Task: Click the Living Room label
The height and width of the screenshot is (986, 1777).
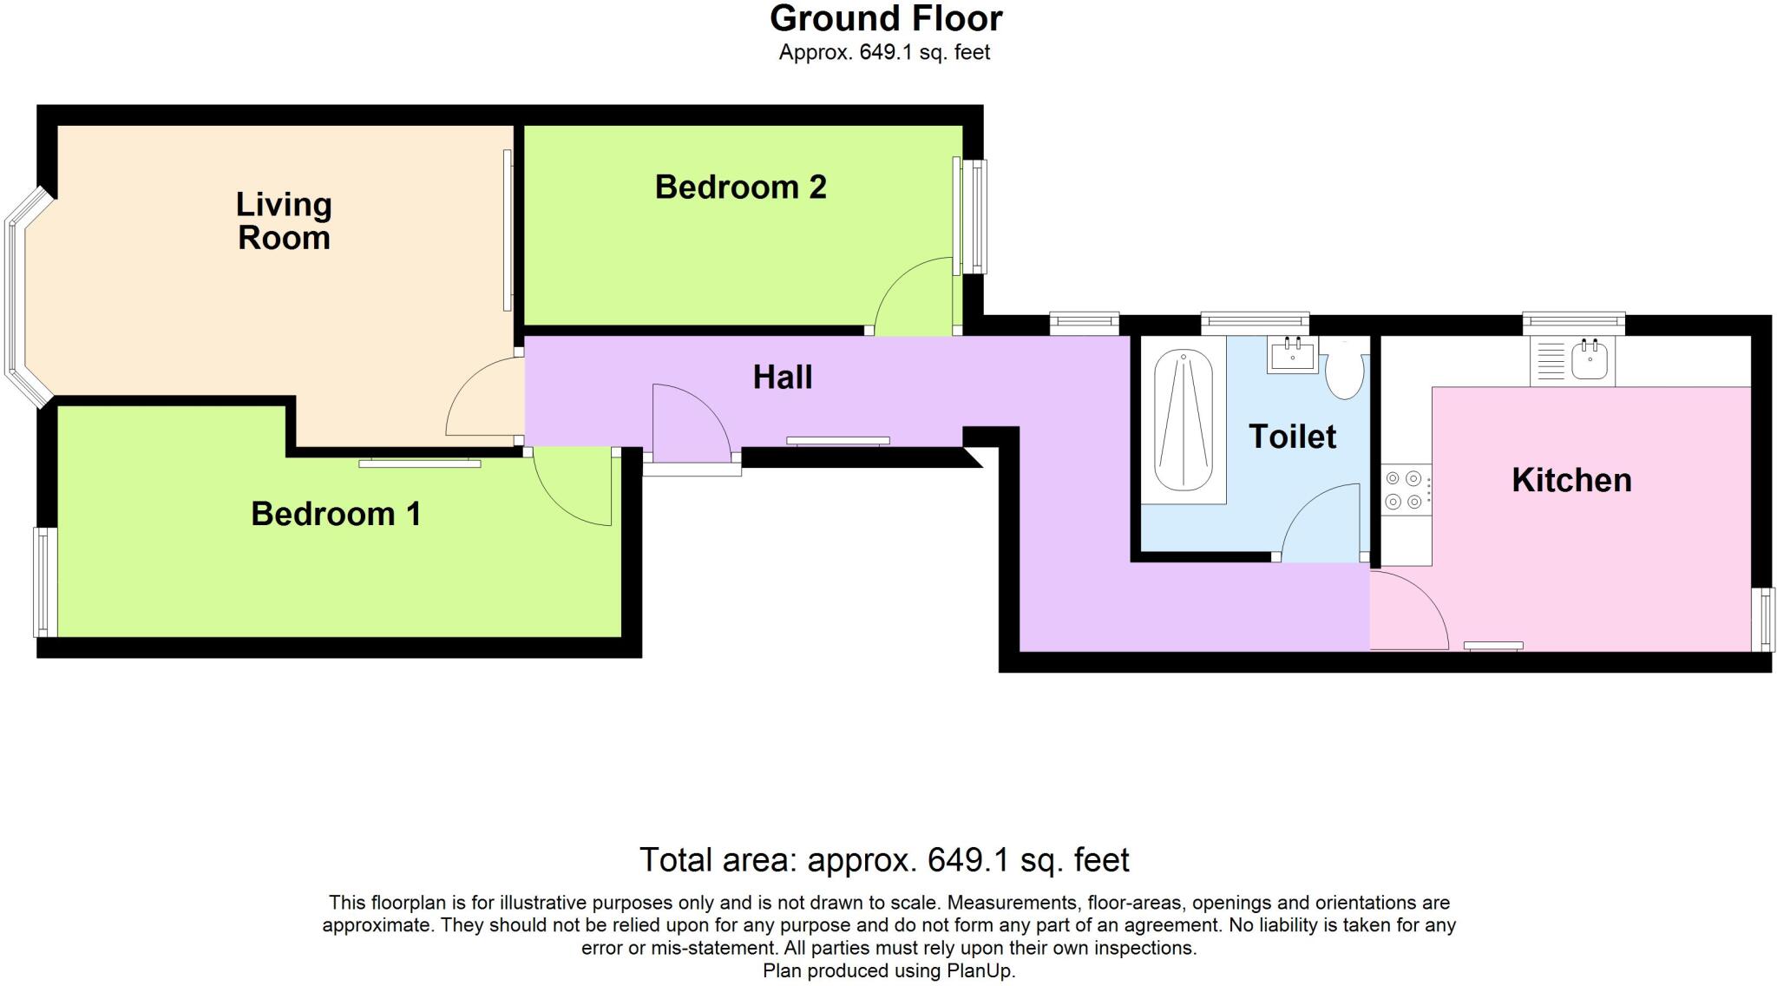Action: tap(284, 221)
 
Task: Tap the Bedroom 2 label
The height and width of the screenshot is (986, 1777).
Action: tap(740, 187)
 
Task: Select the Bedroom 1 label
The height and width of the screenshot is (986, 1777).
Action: tap(336, 514)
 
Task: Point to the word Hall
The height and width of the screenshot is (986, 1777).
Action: tap(783, 378)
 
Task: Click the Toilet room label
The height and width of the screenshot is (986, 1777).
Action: tap(1292, 437)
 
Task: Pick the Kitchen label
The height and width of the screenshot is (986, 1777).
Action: tap(1571, 480)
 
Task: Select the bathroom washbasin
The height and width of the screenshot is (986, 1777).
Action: tap(1293, 355)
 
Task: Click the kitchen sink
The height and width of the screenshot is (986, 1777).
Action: tap(1590, 360)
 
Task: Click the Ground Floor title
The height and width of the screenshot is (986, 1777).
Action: tap(885, 18)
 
